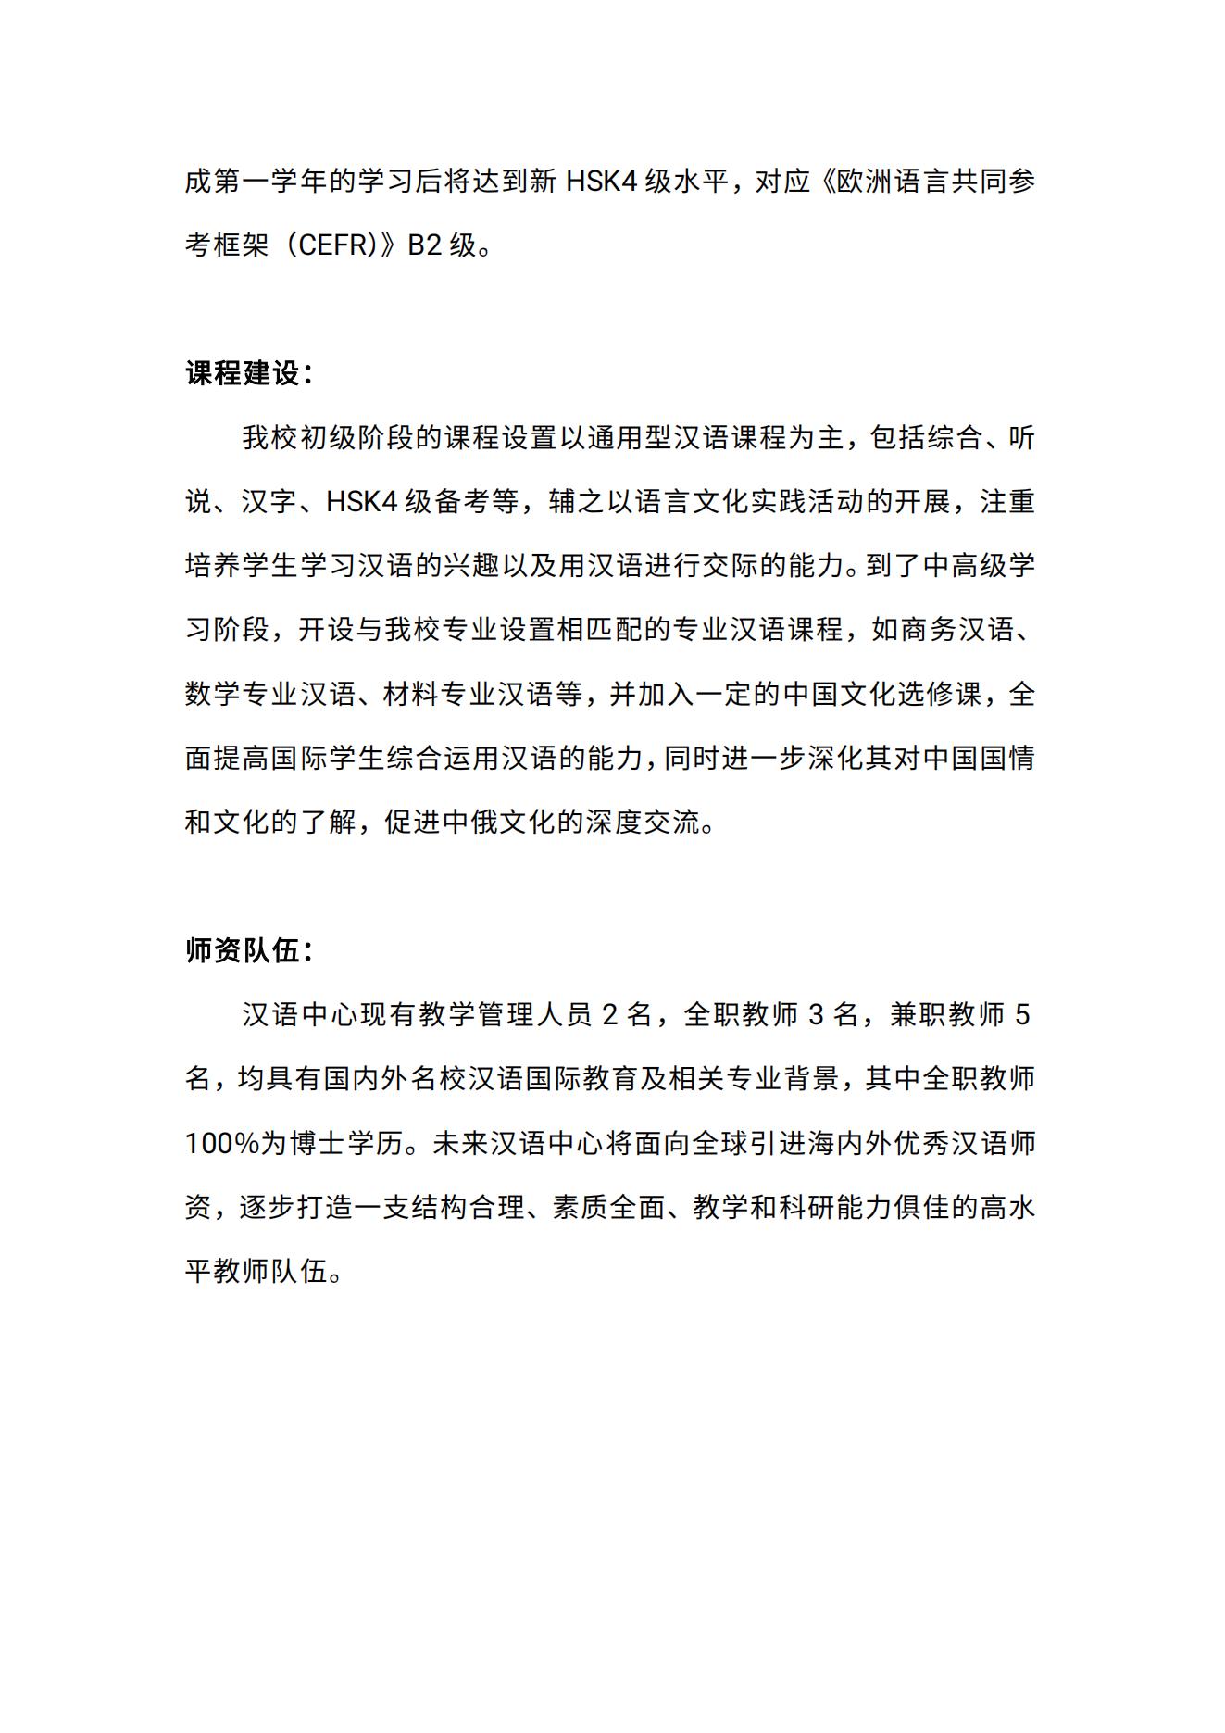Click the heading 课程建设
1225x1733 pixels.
244,373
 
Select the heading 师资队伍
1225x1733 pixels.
244,950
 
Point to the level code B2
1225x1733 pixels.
424,245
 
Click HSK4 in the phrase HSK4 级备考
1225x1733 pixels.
362,502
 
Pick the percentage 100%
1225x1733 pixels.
221,1143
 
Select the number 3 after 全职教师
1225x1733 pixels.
816,1015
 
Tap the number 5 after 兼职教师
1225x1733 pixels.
1022,1015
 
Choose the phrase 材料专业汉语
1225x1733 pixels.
468,694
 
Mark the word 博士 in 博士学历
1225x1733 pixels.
318,1143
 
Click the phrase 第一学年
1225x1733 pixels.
270,182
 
